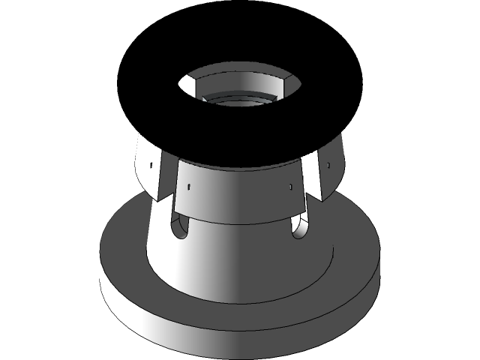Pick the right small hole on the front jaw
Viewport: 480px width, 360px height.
pyautogui.click(x=289, y=185)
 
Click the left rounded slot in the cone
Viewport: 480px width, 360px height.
pyautogui.click(x=180, y=226)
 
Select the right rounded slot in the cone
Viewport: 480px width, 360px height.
pyautogui.click(x=299, y=227)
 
